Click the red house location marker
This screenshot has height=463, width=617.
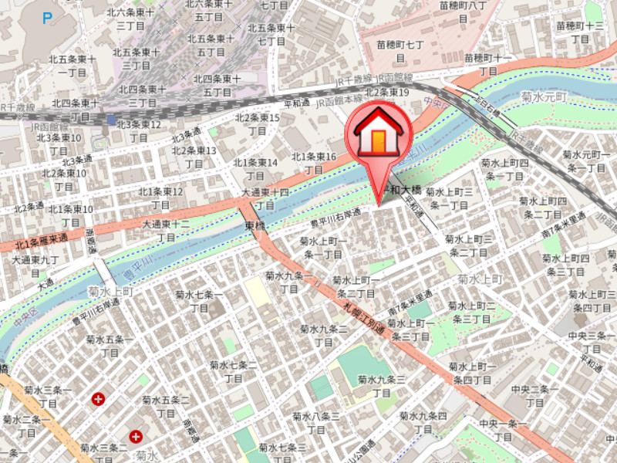tap(378, 135)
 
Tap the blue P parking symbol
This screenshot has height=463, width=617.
tap(48, 16)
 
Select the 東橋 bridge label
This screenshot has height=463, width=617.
tap(255, 226)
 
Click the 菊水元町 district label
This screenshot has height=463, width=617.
tap(543, 98)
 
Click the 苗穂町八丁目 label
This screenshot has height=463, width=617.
tap(462, 12)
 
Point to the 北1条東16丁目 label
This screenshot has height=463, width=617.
tap(313, 163)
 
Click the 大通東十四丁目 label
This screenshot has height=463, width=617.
tap(265, 198)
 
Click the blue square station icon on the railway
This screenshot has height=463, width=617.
tap(112, 120)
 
